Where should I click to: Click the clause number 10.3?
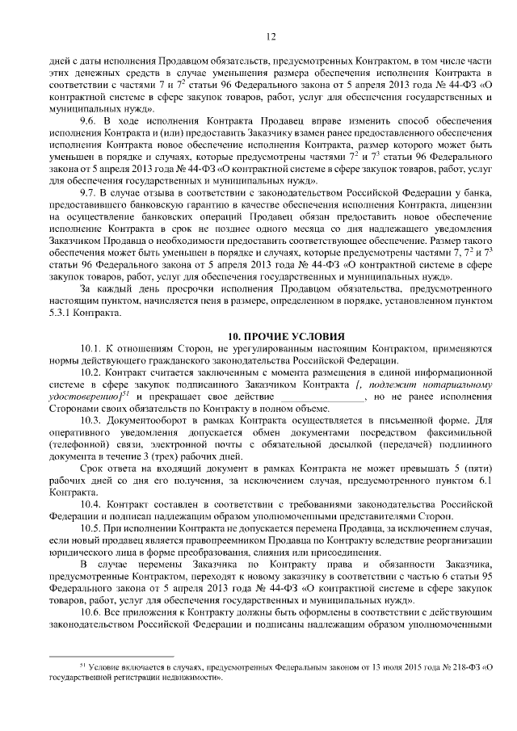(91, 421)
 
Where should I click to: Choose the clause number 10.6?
(91, 603)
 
